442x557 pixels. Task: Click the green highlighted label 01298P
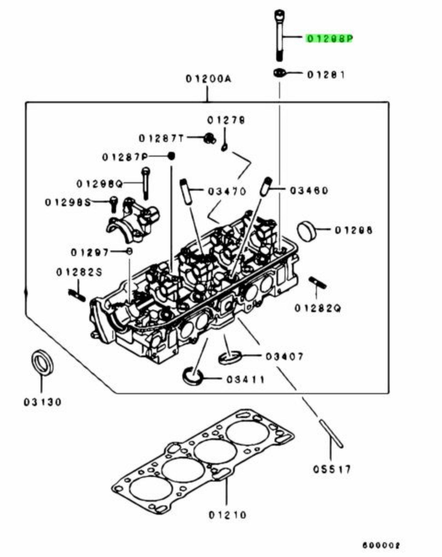pos(329,39)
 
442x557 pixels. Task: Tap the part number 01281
pos(326,75)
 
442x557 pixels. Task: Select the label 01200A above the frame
pos(208,79)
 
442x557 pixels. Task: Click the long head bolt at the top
pos(279,35)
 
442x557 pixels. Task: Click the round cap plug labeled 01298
pos(306,231)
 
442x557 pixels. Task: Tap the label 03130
pos(43,402)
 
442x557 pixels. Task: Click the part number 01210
pos(228,515)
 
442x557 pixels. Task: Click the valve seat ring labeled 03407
pos(230,357)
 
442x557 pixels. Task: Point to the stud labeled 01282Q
pos(317,283)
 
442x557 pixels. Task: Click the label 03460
pos(309,191)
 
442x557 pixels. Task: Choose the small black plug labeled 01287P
pos(172,156)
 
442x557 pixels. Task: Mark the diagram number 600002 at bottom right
pos(381,545)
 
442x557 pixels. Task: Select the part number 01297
pos(90,253)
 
